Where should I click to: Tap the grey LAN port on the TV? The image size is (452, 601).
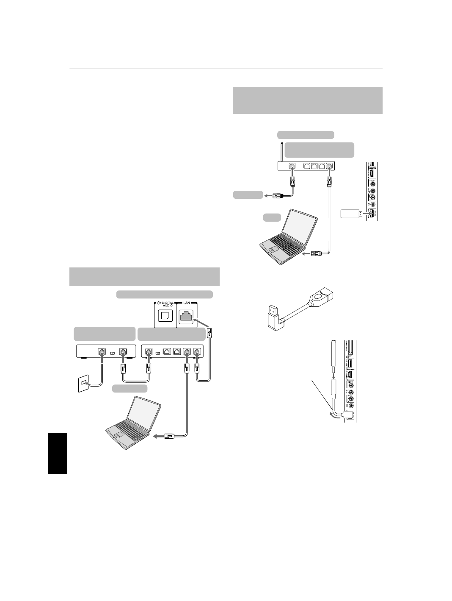click(187, 315)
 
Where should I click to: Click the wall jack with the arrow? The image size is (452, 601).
click(83, 384)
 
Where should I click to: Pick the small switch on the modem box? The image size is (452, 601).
click(112, 353)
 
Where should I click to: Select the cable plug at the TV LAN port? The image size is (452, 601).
click(209, 334)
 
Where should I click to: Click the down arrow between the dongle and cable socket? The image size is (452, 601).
click(333, 373)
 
